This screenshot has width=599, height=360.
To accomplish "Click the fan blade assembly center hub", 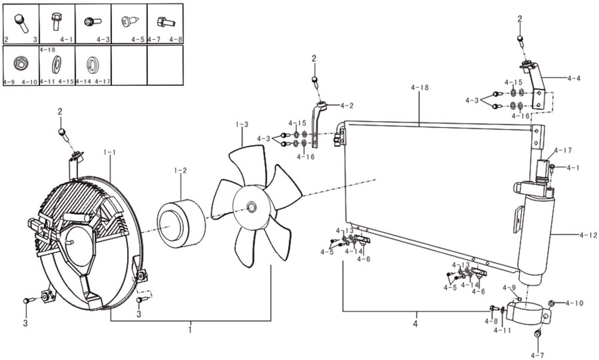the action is pos(252,206).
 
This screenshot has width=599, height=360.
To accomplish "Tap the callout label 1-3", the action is pos(242,124).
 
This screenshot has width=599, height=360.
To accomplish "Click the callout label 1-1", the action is pos(110,152).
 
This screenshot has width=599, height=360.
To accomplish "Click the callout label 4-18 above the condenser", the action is pos(420,87).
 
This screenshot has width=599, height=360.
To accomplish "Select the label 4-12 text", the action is pos(588,236).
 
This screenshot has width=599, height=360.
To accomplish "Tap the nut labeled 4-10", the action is pos(552,304).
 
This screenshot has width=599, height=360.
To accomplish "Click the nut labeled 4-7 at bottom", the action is pos(538,334).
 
